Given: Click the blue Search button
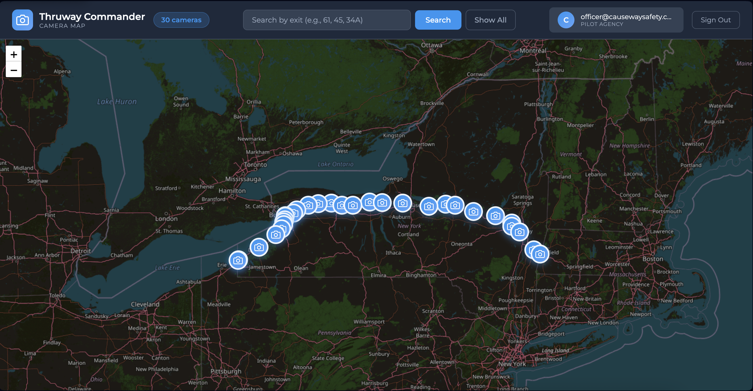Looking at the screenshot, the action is [x=438, y=20].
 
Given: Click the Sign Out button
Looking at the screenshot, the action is [x=715, y=20].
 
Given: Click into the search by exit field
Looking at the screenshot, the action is [x=326, y=20].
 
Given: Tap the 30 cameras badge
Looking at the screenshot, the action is [x=181, y=20].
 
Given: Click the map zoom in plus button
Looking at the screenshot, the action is [x=14, y=54].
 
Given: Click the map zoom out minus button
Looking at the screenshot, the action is [x=14, y=70].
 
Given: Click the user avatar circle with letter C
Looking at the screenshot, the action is [x=566, y=20].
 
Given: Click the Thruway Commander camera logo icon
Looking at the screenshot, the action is [x=23, y=20].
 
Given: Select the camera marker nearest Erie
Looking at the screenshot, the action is [x=238, y=260].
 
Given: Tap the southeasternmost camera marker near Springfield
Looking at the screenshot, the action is [x=540, y=254].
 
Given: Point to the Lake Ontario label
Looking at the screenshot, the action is [x=336, y=164].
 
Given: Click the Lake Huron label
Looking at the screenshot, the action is [x=117, y=102].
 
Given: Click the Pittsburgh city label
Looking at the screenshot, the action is [x=226, y=371].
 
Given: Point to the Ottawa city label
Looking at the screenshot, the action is [x=432, y=45].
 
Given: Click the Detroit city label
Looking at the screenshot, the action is [x=80, y=251].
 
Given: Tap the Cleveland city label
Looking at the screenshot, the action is [x=145, y=304].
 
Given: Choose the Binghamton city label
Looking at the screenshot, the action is [x=421, y=275].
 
